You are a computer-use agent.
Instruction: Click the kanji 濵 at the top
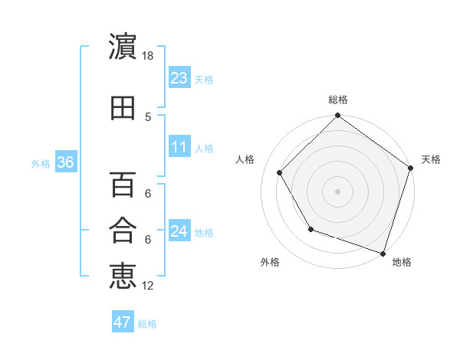tap(123, 47)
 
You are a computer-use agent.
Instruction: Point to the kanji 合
tap(123, 231)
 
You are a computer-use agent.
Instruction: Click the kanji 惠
tap(123, 276)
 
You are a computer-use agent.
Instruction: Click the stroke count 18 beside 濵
tap(148, 56)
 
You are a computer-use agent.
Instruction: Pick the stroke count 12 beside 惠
tap(148, 285)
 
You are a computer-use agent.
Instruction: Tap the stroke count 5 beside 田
tap(148, 116)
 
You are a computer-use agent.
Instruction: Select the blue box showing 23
tap(179, 78)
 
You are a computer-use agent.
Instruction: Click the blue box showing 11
tap(179, 147)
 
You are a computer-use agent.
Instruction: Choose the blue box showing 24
tap(179, 231)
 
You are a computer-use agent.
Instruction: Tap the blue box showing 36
tap(64, 162)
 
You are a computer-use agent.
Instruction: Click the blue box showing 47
tap(123, 322)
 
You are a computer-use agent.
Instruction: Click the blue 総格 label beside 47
tap(147, 324)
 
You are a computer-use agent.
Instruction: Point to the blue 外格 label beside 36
tap(41, 164)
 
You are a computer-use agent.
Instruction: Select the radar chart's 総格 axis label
tap(337, 100)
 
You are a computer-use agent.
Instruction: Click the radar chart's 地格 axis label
tap(402, 262)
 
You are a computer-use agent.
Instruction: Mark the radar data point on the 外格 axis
tap(310, 229)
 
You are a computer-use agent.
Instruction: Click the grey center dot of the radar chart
tap(337, 191)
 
